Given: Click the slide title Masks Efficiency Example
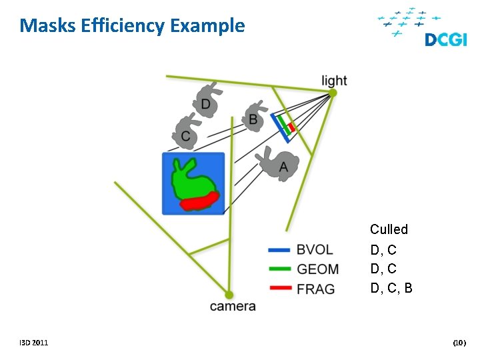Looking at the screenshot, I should [132, 26].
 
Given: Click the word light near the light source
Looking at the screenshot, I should [334, 81].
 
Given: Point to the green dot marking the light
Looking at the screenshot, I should [333, 93].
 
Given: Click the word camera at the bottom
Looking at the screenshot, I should [233, 307].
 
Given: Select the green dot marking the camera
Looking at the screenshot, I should [229, 295].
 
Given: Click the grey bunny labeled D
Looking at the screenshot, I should [207, 100].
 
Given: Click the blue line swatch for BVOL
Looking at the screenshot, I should [279, 250].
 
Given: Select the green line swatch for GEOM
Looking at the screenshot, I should [279, 269].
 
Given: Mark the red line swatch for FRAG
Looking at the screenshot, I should [279, 289].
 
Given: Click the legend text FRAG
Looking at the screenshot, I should [316, 289].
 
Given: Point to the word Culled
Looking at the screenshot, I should [389, 229].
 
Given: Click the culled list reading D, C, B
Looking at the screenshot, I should [391, 289].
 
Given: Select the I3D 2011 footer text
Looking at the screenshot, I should [33, 343].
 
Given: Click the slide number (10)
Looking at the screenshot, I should [459, 343].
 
